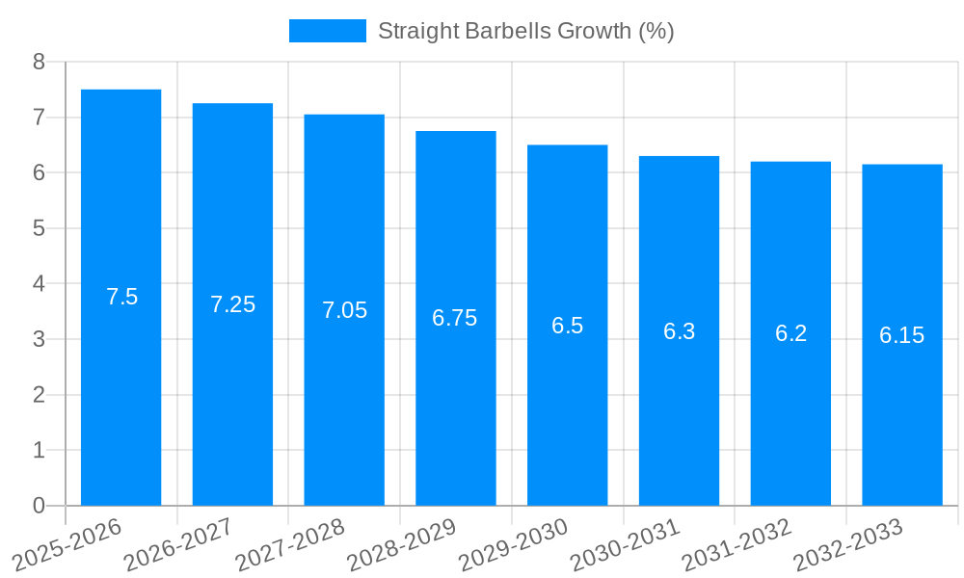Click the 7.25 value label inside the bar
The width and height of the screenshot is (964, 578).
point(232,304)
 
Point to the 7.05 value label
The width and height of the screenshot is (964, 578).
point(344,310)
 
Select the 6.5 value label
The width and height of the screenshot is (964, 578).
point(567,326)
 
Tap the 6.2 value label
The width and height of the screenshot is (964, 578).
point(790,333)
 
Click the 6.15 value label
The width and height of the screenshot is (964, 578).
point(901,335)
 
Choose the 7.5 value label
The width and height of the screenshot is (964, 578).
point(121,297)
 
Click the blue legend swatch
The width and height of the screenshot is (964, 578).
point(327,31)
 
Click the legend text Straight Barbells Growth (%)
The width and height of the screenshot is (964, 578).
point(525,31)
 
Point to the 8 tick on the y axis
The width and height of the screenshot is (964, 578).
point(39,62)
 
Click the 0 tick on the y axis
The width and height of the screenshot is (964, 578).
point(39,506)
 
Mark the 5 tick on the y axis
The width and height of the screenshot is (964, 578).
point(39,228)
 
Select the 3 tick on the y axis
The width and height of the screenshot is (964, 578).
point(39,339)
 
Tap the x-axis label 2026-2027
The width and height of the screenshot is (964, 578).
point(178,545)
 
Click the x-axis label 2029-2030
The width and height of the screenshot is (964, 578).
point(513,545)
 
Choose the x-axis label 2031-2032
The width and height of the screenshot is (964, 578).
point(736,545)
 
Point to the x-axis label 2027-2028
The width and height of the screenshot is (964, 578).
point(290,545)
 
